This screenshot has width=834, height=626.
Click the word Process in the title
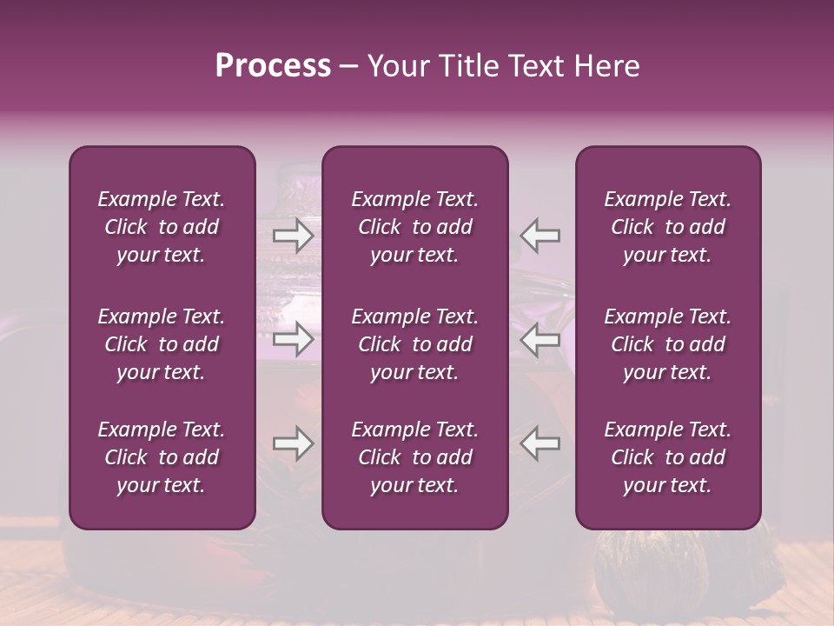click(273, 66)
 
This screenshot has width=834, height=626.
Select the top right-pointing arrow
click(294, 235)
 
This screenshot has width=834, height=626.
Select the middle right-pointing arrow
click(294, 339)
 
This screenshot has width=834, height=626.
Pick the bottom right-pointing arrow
click(294, 444)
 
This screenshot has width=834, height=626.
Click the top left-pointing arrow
click(540, 235)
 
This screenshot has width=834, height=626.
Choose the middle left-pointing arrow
click(540, 339)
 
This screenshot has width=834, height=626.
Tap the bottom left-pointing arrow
click(540, 444)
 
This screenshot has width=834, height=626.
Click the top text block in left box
click(162, 227)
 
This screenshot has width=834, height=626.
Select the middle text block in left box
click(162, 344)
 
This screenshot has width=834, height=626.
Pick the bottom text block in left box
click(162, 457)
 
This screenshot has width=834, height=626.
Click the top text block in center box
click(414, 227)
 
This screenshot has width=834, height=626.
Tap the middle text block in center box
click(414, 344)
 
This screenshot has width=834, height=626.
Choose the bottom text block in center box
click(414, 457)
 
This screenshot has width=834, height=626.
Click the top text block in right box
click(667, 227)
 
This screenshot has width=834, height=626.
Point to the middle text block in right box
click(667, 344)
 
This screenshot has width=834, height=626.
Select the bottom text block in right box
click(667, 457)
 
